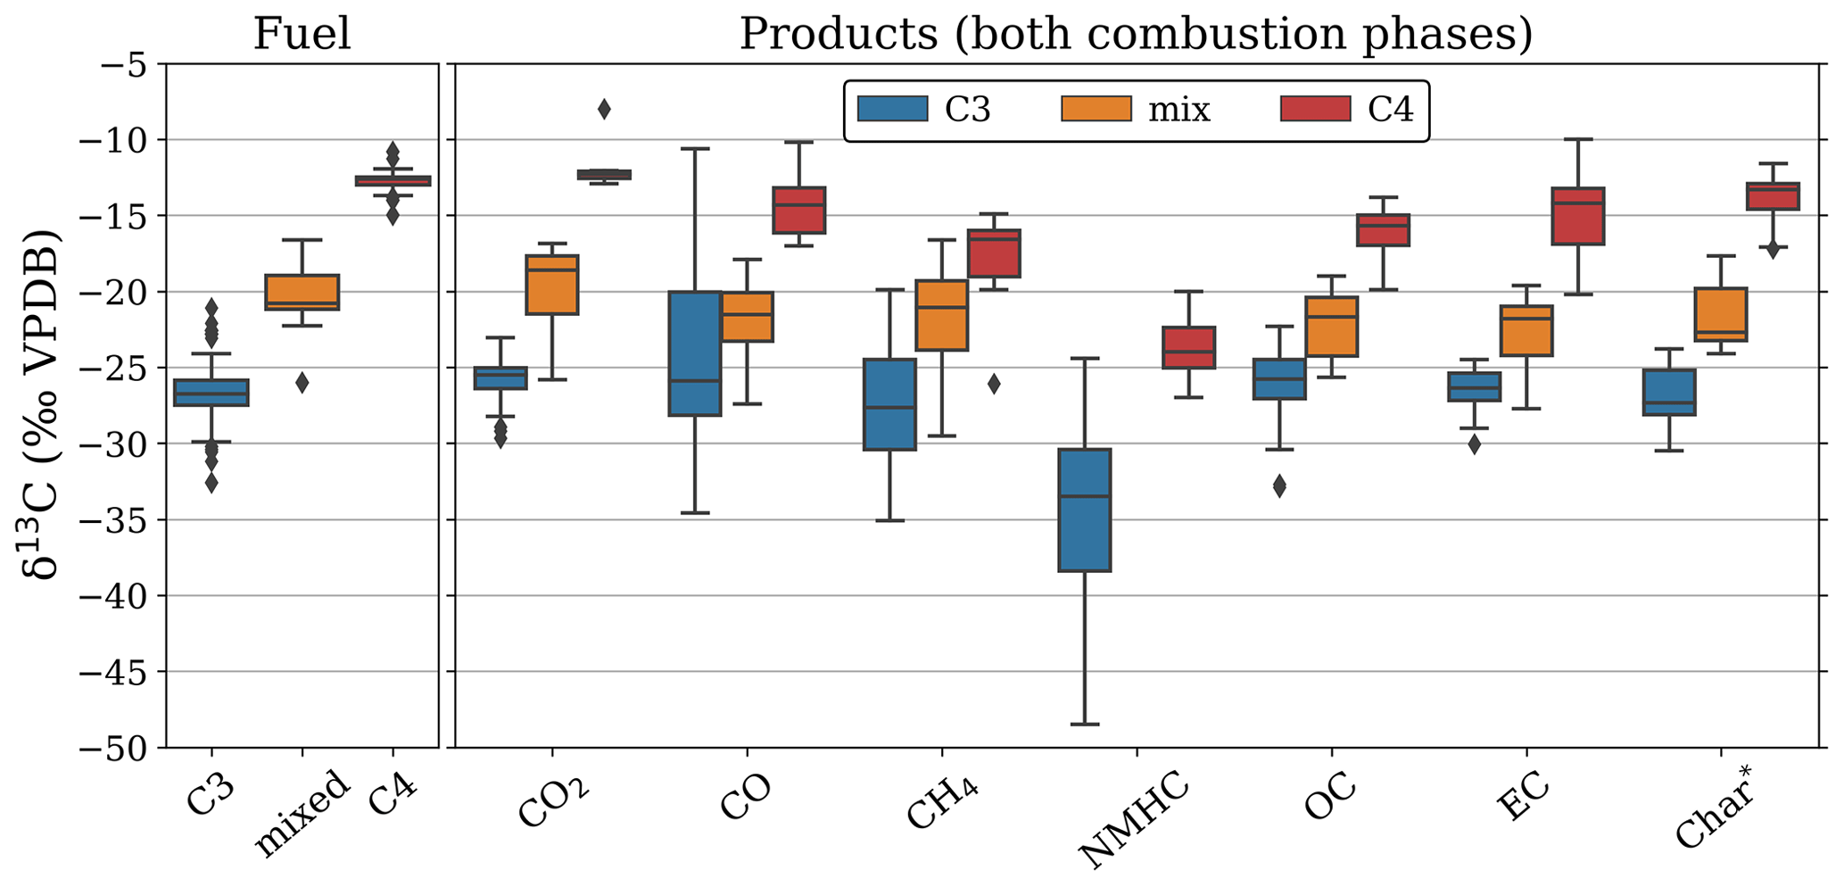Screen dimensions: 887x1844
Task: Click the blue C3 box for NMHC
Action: [1084, 510]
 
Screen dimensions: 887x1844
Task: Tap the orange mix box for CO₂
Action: [552, 285]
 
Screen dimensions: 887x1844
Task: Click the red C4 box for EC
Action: [1578, 216]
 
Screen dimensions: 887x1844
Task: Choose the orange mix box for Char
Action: [1720, 314]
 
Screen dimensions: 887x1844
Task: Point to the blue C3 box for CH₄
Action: [889, 404]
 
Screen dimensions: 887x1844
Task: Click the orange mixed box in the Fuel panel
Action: [302, 292]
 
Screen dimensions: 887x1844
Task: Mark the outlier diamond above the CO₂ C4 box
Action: [604, 110]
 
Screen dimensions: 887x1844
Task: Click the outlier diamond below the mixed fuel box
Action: [302, 383]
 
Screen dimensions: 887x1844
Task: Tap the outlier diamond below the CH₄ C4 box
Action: [994, 385]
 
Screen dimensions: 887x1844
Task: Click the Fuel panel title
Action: [302, 34]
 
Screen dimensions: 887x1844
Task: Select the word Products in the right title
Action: [838, 34]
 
